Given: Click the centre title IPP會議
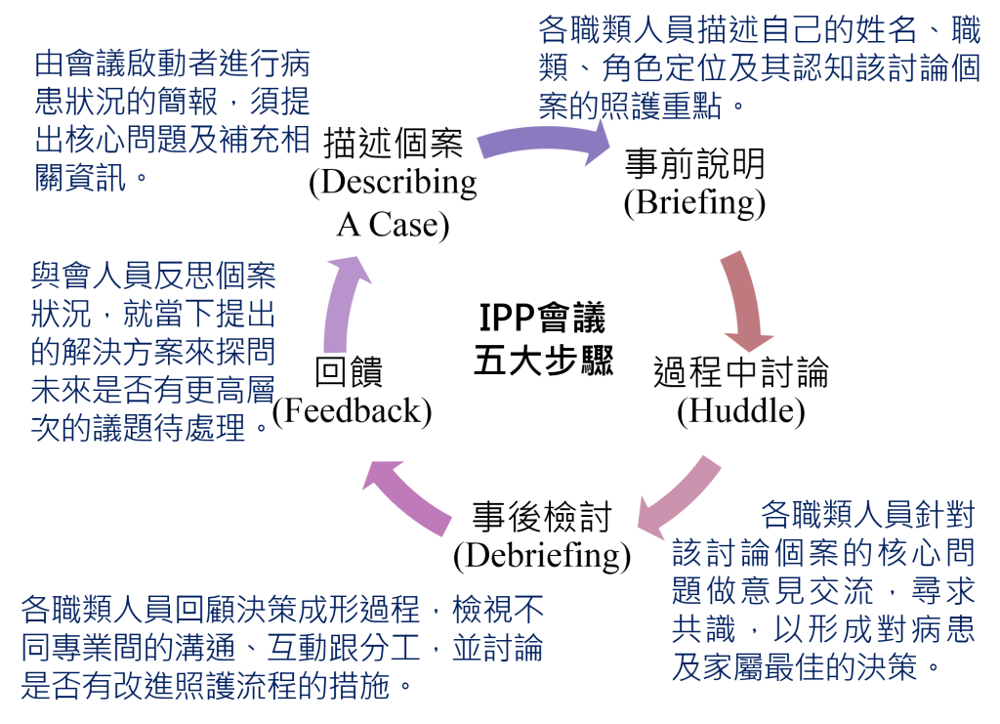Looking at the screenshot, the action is [542, 317].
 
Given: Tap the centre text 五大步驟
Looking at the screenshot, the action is [543, 361].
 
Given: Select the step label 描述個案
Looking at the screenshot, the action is [393, 143].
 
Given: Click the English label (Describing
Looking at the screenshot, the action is [393, 183].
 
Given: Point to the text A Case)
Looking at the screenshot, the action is [393, 225].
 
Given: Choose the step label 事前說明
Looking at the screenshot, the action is [694, 164].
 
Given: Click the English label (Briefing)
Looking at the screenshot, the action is [694, 203].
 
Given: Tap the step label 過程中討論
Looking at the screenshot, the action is [741, 372].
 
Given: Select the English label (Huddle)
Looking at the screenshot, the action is [741, 411].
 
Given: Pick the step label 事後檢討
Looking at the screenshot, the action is [542, 516].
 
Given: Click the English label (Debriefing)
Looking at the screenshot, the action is [542, 556].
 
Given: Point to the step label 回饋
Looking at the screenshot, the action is [349, 372].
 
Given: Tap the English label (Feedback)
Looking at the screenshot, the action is [352, 411].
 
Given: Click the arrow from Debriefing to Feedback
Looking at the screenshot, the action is [408, 497].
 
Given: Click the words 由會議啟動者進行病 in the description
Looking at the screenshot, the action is [172, 64].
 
